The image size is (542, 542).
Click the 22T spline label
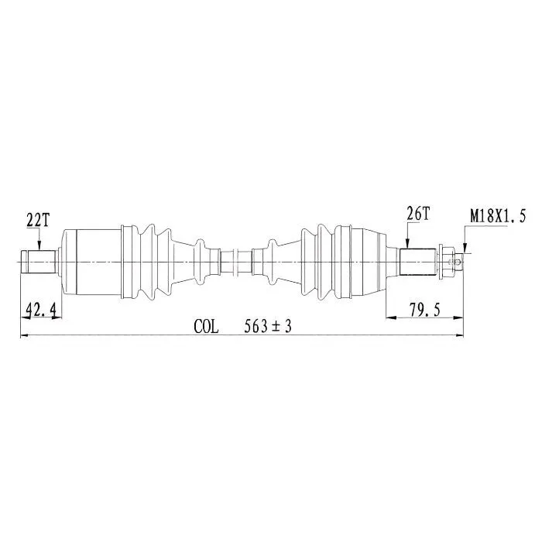pos(38,220)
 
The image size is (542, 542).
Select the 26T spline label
pos(417,214)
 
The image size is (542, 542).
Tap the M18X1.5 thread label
pos(498,217)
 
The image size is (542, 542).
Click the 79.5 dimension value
pos(424,310)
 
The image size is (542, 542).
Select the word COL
pos(207,326)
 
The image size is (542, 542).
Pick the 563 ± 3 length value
pos(268,326)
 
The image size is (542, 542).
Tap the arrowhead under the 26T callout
pos(408,244)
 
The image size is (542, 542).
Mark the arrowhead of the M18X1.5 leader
pos(465,249)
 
